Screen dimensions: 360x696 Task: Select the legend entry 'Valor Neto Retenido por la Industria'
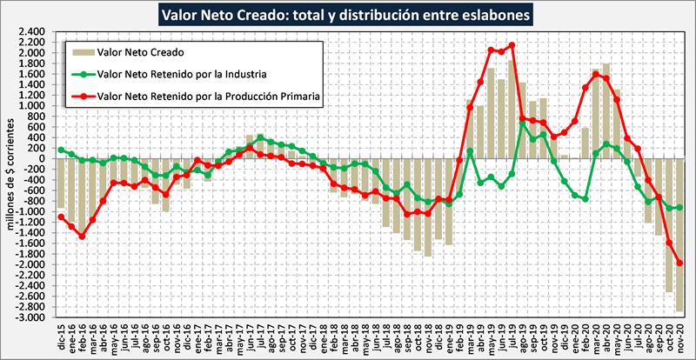pos(169,74)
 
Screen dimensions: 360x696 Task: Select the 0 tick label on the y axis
pos(40,159)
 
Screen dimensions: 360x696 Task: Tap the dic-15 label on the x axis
pos(62,335)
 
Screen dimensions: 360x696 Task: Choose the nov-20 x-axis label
pos(679,335)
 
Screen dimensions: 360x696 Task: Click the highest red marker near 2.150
pos(512,45)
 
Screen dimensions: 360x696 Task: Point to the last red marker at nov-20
pos(679,263)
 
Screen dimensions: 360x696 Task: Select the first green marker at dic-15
pos(61,150)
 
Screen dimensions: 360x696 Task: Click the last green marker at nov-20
pos(679,207)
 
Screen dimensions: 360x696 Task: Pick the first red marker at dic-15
pos(61,217)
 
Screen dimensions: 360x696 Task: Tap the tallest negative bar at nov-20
pos(679,235)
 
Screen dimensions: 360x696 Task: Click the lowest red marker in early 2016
pos(82,236)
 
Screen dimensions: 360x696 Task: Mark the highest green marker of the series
pos(522,123)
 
